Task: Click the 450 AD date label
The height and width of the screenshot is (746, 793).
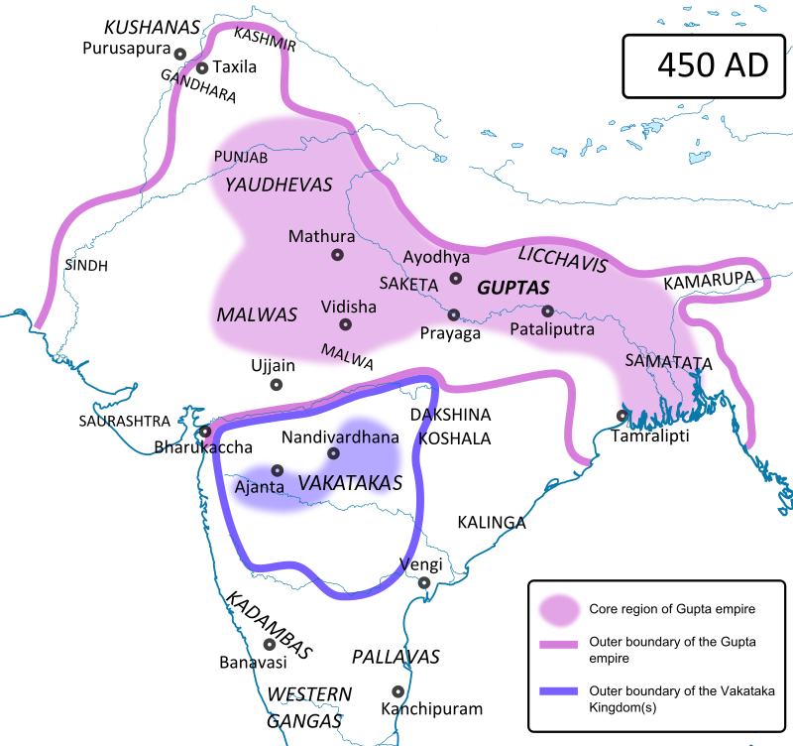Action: (713, 65)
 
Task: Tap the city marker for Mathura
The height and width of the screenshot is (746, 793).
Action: (337, 255)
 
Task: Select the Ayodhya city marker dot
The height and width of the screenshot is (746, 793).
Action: (456, 279)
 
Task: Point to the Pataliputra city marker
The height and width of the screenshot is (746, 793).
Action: (547, 311)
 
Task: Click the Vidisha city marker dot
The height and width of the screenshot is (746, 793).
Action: (345, 324)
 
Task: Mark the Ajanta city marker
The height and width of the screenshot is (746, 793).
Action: (278, 470)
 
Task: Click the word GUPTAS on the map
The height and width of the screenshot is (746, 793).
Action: (512, 288)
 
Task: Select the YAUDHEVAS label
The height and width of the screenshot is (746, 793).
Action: (279, 185)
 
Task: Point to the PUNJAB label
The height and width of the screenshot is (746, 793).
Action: (241, 158)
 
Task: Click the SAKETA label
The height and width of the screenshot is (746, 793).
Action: (408, 284)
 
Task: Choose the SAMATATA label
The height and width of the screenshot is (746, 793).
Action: (665, 361)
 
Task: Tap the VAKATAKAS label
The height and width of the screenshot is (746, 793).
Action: (350, 483)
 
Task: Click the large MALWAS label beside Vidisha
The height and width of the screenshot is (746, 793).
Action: (257, 314)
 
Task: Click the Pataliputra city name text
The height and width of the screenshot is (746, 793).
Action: (551, 329)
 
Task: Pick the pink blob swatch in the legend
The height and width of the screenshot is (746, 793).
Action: (558, 609)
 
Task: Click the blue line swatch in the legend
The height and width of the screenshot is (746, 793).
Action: (558, 690)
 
